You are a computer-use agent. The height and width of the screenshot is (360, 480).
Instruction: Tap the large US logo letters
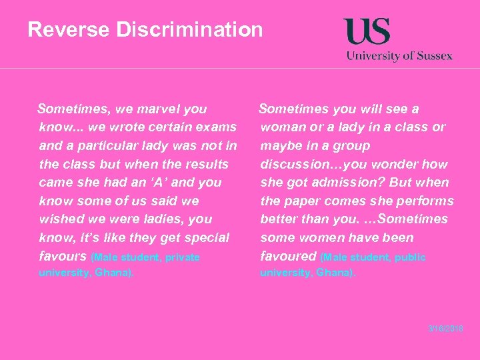pyautogui.click(x=367, y=32)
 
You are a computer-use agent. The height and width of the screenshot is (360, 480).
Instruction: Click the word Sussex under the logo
pyautogui.click(x=435, y=56)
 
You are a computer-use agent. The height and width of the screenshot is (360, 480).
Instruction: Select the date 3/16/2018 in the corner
pyautogui.click(x=445, y=329)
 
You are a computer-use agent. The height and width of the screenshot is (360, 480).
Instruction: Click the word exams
pyautogui.click(x=217, y=127)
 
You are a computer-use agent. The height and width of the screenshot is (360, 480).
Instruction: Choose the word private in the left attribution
pyautogui.click(x=182, y=257)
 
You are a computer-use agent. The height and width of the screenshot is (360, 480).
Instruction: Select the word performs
pyautogui.click(x=423, y=201)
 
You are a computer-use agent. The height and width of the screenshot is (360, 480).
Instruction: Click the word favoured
pyautogui.click(x=288, y=256)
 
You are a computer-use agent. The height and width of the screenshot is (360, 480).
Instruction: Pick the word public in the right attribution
pyautogui.click(x=410, y=257)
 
